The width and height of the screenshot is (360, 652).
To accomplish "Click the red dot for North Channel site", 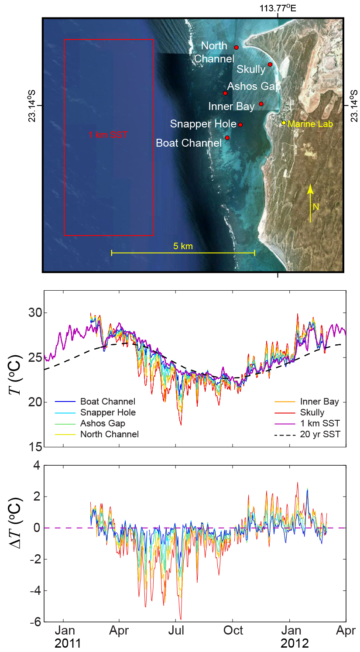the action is coord(237,48).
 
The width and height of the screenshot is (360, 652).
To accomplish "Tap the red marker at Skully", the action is coord(270,65).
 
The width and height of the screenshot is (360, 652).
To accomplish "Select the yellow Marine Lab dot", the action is coord(284,123).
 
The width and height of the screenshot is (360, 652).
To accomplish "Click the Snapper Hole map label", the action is coord(203,124).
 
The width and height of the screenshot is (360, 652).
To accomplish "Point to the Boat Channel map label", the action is coord(189,143).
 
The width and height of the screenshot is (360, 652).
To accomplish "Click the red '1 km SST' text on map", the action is coord(108,135).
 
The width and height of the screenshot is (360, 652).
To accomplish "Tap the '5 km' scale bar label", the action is coord(183,246).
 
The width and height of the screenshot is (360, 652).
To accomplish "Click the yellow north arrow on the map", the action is coord(310,203).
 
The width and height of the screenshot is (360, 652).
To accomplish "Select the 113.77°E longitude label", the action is coord(278,8).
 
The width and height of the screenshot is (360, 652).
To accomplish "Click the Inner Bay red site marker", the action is coord(261,104).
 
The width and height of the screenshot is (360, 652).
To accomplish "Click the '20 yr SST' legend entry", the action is coord(307,434).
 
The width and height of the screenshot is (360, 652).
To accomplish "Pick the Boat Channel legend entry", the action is coord(95,401).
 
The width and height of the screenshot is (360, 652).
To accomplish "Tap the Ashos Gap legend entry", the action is coord(90,423).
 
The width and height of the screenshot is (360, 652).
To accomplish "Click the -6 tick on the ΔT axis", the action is coord(36,622).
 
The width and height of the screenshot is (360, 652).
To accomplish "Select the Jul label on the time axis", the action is coord(176,631).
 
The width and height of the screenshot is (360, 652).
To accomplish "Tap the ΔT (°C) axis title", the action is coord(16,524).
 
